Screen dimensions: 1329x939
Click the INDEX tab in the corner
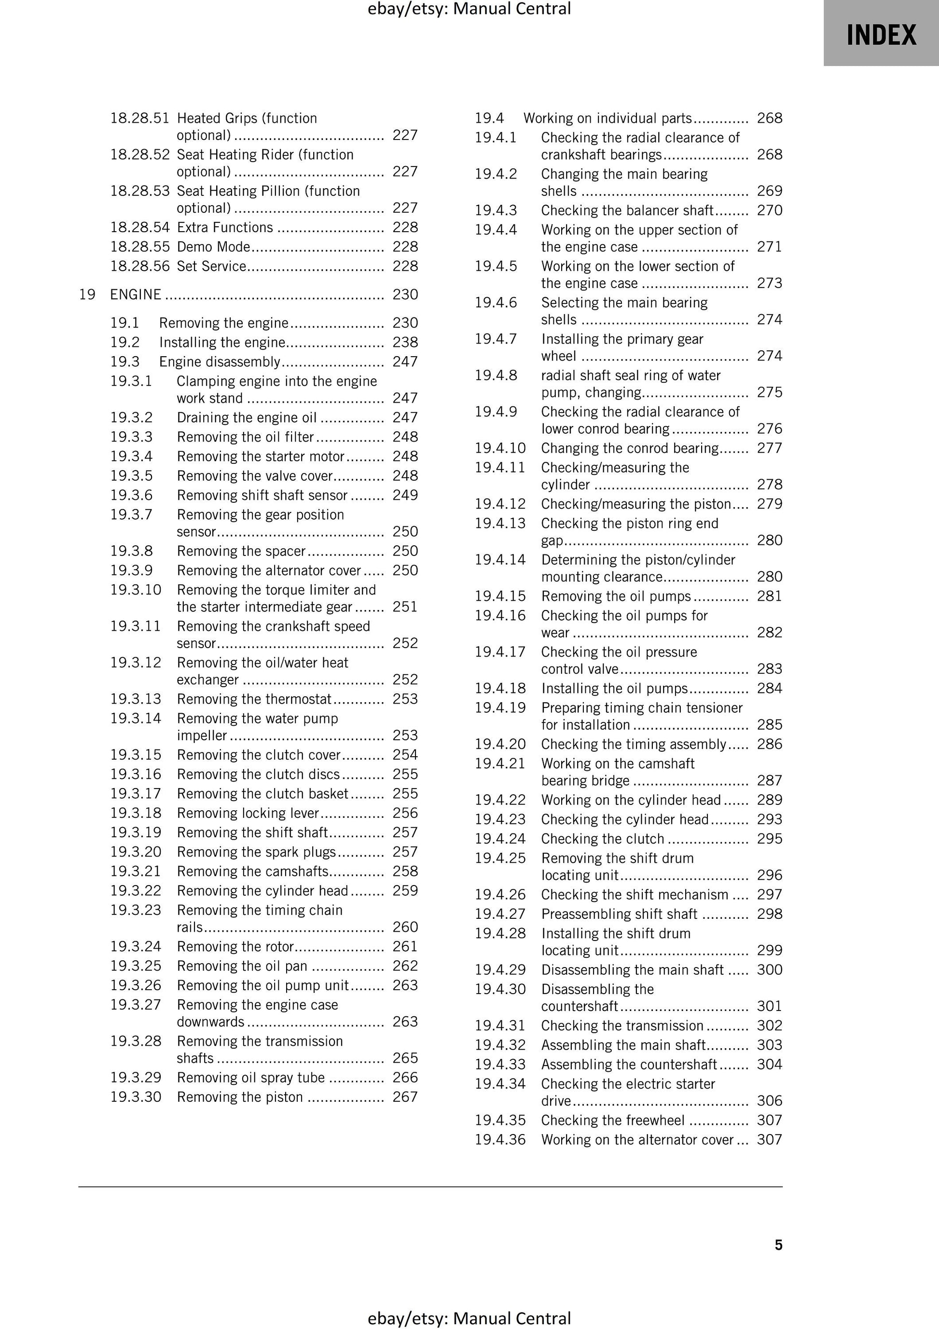[881, 35]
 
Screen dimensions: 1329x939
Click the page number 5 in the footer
[778, 1245]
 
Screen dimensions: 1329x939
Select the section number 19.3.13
[136, 699]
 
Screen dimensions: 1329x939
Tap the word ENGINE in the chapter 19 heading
[136, 295]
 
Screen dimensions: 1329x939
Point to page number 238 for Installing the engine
[405, 342]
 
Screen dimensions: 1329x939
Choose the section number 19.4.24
[500, 839]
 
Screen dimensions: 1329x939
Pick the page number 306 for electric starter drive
[769, 1100]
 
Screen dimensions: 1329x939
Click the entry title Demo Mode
[214, 247]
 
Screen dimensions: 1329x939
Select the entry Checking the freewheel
[612, 1120]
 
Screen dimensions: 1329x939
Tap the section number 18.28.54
[140, 227]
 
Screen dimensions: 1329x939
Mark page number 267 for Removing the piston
[405, 1097]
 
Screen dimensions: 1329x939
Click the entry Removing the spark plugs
[256, 852]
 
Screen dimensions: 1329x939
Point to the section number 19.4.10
[500, 448]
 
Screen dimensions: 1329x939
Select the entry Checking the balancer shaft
[627, 210]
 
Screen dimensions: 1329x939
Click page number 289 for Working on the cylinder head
[769, 800]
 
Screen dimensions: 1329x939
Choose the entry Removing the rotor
[235, 946]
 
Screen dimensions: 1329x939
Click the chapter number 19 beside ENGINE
[87, 295]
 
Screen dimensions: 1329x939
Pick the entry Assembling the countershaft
[629, 1064]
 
